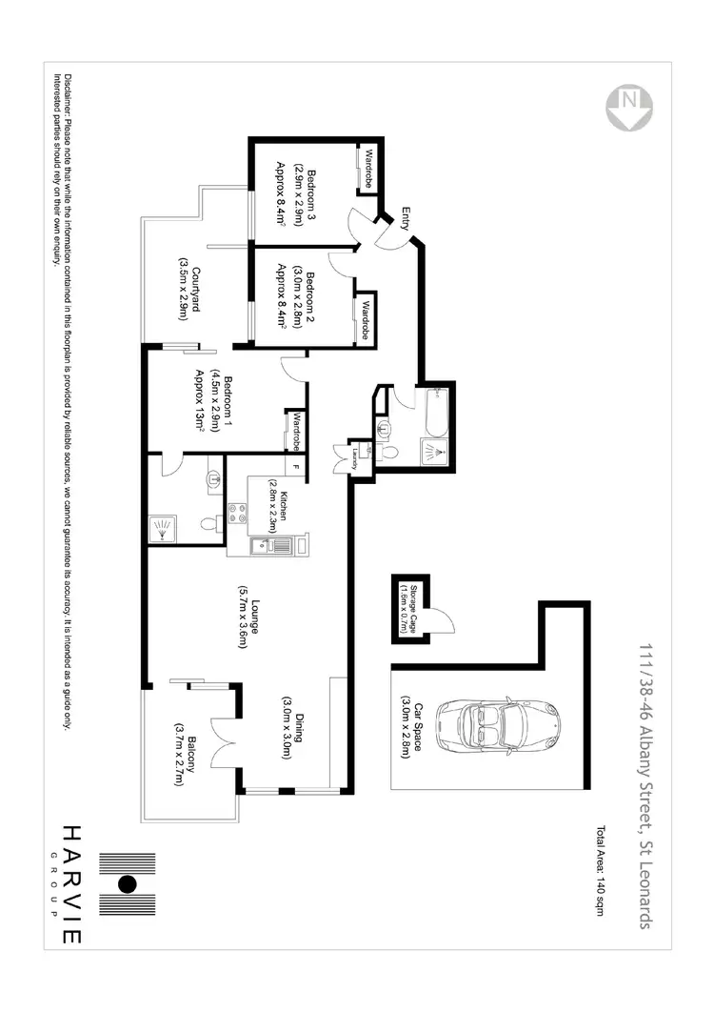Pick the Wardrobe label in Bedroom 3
[365, 166]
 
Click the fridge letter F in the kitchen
[296, 467]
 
